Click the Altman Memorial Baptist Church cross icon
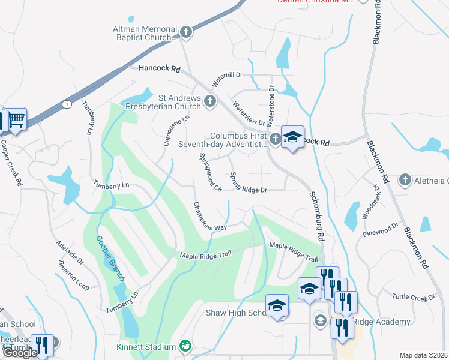click(186, 31)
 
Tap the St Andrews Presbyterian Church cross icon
click(210, 101)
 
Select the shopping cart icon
click(16, 119)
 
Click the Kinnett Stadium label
click(146, 347)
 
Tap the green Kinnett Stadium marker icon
click(185, 346)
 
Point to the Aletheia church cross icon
click(405, 180)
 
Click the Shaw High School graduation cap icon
click(276, 307)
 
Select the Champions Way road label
click(209, 216)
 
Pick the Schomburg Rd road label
click(317, 217)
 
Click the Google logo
click(19, 353)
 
